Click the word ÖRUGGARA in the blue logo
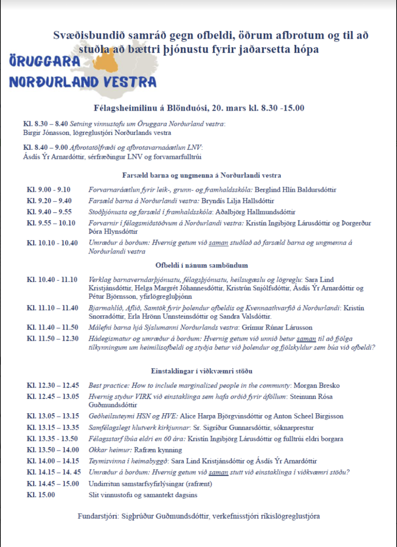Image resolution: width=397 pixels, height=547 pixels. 45,61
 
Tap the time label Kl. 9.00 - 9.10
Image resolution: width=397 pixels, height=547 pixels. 48,190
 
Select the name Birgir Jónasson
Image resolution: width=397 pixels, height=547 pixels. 42,133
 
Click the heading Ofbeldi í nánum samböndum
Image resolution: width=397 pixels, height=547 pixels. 201,265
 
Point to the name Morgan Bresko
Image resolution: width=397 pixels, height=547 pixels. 317,386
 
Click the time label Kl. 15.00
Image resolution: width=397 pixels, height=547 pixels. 41,495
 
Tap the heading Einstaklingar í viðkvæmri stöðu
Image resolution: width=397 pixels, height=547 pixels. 201,371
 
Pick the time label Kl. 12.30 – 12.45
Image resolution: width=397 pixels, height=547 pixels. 53,386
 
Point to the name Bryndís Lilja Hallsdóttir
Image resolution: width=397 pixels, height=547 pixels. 238,201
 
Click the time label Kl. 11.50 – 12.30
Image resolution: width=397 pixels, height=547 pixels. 53,339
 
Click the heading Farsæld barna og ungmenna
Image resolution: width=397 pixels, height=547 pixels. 201,175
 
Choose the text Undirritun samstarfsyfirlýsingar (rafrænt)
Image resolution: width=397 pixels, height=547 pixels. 150,484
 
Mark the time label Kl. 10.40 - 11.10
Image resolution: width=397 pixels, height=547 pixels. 52,280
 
